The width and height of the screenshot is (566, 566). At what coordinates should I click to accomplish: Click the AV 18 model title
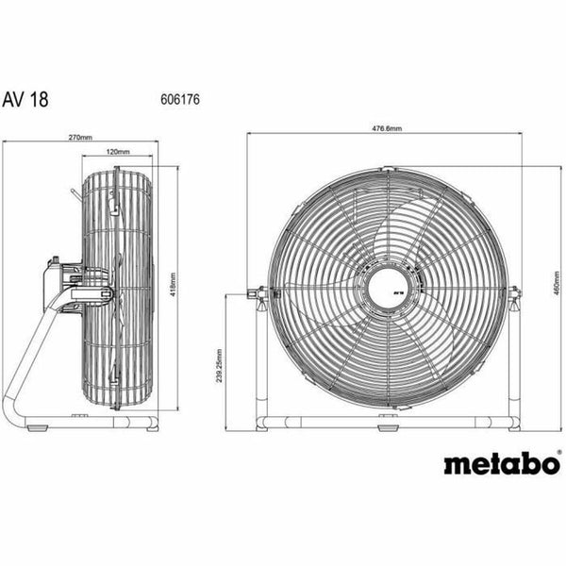[44, 97]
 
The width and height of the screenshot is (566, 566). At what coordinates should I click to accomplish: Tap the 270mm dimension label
[81, 138]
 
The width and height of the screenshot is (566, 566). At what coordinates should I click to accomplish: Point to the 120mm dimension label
[117, 151]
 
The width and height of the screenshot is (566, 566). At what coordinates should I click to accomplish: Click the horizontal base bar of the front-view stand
[386, 417]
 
